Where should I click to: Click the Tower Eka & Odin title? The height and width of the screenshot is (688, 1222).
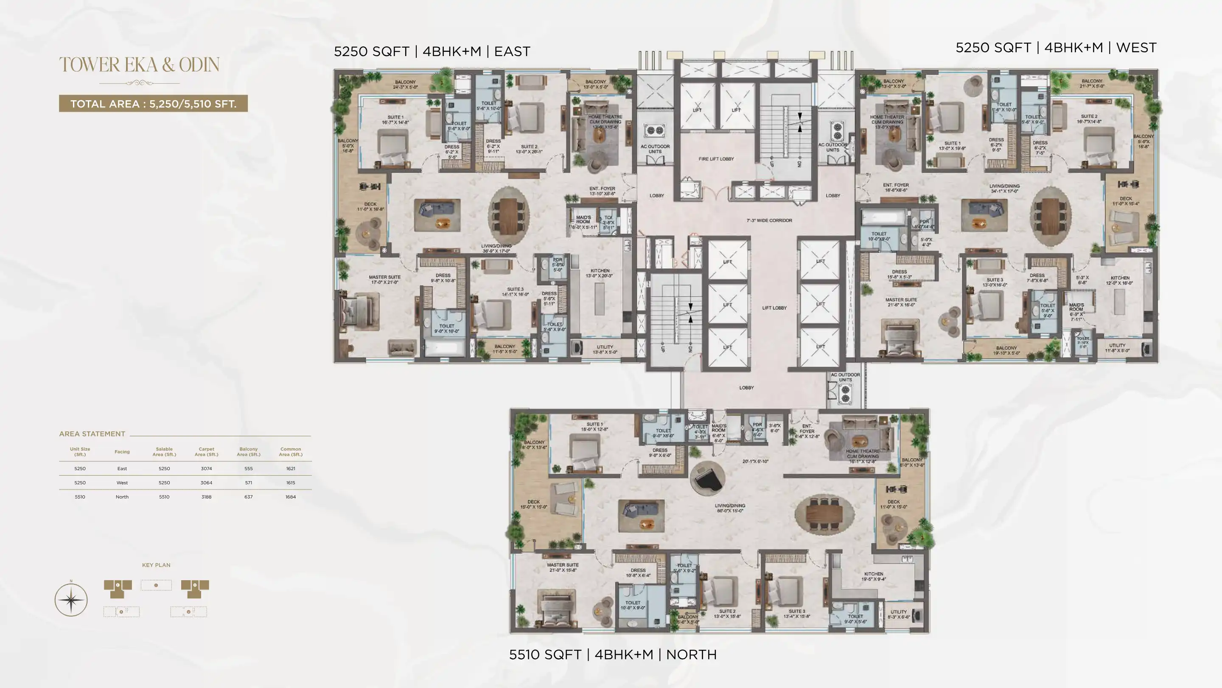point(139,65)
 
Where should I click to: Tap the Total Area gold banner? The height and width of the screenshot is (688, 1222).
point(153,104)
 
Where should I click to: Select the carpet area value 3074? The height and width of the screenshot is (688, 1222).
point(206,468)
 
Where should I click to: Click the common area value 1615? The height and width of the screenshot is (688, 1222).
point(291,483)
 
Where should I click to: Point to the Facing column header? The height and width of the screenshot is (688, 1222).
point(122,452)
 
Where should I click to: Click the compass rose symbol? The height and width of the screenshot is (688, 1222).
point(71,600)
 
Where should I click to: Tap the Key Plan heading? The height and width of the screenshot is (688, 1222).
point(156,565)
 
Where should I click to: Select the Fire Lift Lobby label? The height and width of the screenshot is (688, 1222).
point(716,159)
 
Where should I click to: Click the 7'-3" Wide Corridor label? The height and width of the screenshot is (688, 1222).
point(769,220)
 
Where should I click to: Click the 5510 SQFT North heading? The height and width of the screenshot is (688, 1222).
point(612,655)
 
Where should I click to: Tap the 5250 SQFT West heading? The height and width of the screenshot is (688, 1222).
point(1056,48)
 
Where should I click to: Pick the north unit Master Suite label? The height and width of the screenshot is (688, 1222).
point(562,567)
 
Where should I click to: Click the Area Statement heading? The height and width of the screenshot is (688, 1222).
point(92,434)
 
